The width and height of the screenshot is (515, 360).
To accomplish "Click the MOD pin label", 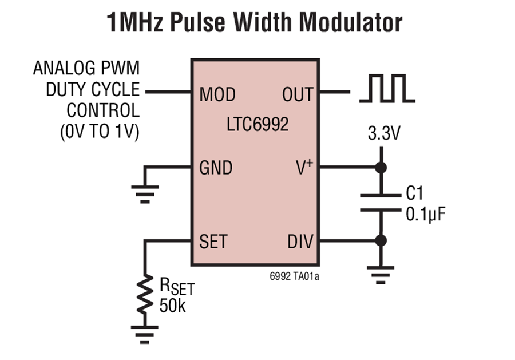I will click(217, 94).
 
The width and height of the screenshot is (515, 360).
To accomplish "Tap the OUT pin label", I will click(298, 94).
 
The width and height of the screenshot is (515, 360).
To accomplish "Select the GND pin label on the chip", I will click(216, 168).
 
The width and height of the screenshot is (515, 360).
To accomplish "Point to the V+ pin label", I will click(302, 168).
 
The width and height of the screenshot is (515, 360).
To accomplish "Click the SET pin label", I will click(213, 242).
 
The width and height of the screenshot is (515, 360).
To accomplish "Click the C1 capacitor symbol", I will click(379, 203).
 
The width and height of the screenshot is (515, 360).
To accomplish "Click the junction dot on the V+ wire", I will click(379, 168).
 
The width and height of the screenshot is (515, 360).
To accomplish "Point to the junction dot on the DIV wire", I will click(379, 241).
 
